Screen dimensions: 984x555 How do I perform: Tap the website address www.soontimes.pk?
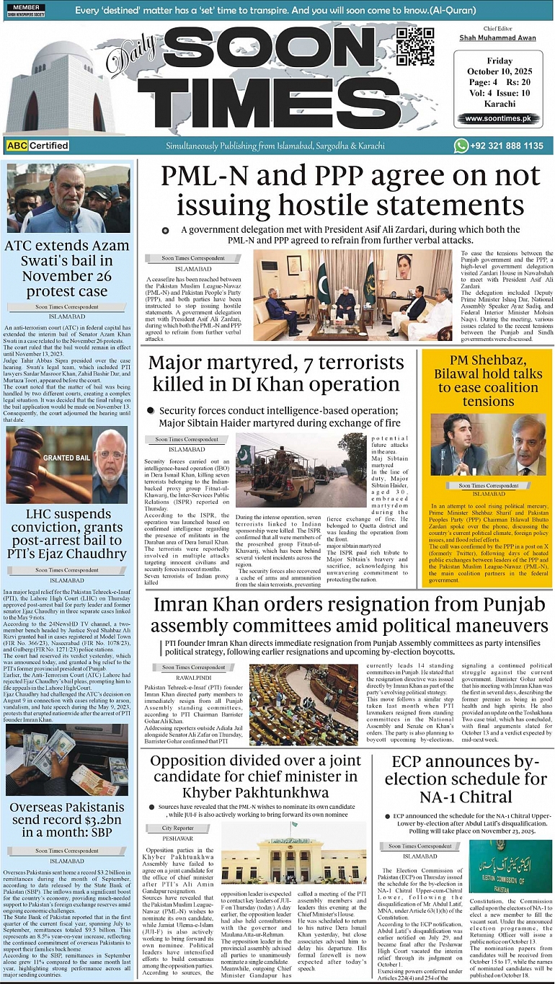pos(497,118)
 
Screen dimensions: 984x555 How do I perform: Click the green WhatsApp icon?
pos(461,146)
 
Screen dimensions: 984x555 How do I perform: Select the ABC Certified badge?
pos(38,146)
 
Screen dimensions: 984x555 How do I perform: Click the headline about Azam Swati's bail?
pos(67,268)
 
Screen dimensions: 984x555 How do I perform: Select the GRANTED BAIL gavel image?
pos(47,464)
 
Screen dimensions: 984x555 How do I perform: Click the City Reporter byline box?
pos(177,828)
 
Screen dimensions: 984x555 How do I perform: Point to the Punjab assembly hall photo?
pos(303,704)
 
